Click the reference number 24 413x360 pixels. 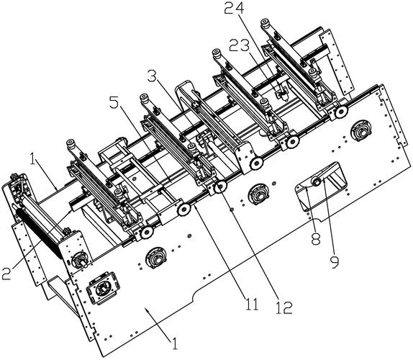coord(234,9)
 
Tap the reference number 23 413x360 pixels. coord(239,46)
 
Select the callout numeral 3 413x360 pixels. coord(152,76)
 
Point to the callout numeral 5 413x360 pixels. coord(114,103)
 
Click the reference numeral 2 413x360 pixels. coord(6,274)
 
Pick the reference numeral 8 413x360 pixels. coord(316,239)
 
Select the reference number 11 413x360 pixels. coord(252,305)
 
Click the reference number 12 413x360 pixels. coord(283,308)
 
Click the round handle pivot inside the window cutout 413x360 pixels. coord(315,181)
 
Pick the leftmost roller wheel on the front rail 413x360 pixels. coord(147,233)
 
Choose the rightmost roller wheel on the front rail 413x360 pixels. coord(341,112)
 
